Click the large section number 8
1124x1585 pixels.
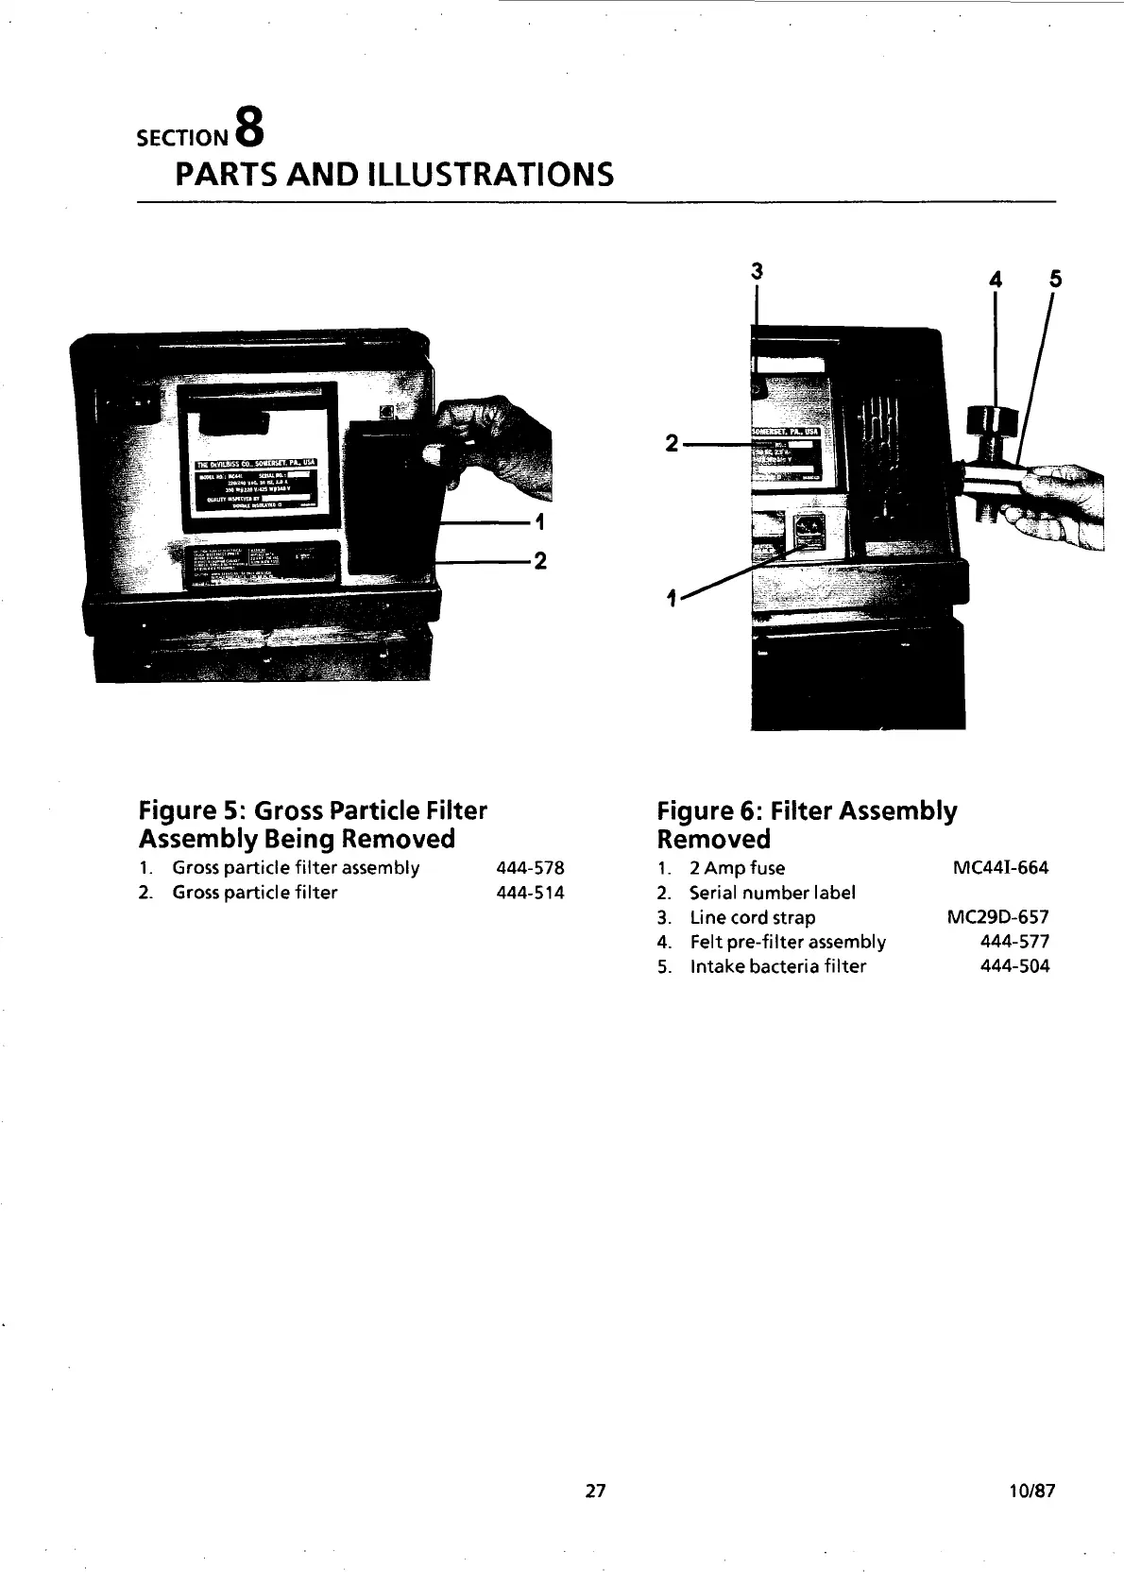[x=247, y=127]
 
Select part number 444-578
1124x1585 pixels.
[x=530, y=868]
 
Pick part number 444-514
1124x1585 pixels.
[x=530, y=893]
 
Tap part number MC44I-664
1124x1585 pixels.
[x=1001, y=868]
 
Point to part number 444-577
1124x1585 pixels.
[x=1014, y=942]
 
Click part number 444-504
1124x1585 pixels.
[x=1014, y=966]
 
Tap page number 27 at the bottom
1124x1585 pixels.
[x=595, y=1491]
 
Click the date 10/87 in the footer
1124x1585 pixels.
[x=1030, y=1491]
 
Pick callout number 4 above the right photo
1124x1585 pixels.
[x=995, y=280]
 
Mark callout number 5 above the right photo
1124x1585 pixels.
[x=1055, y=280]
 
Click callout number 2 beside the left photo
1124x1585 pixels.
[x=540, y=562]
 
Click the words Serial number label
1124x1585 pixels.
[x=772, y=893]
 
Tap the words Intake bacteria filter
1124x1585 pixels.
[x=777, y=966]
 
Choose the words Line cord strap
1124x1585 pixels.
[x=752, y=917]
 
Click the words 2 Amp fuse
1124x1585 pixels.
[x=737, y=868]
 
